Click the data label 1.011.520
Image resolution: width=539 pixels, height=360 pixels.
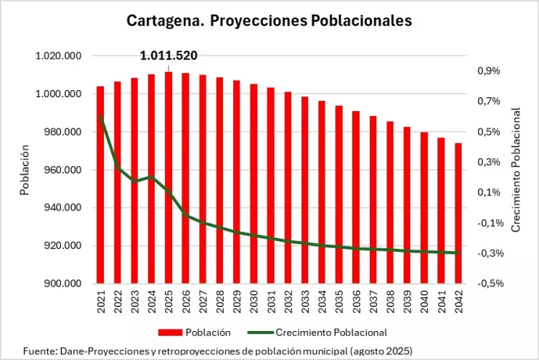[169, 55]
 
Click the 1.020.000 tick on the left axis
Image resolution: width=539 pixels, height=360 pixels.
[62, 56]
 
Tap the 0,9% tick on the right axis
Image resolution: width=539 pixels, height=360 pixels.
[488, 71]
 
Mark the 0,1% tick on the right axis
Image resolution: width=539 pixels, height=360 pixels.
[488, 192]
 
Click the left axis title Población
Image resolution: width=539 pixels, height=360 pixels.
[25, 170]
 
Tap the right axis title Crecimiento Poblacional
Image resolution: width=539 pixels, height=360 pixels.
[516, 170]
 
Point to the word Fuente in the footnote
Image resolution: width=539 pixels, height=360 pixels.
[38, 351]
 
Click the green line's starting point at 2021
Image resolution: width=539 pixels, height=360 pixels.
[100, 117]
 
